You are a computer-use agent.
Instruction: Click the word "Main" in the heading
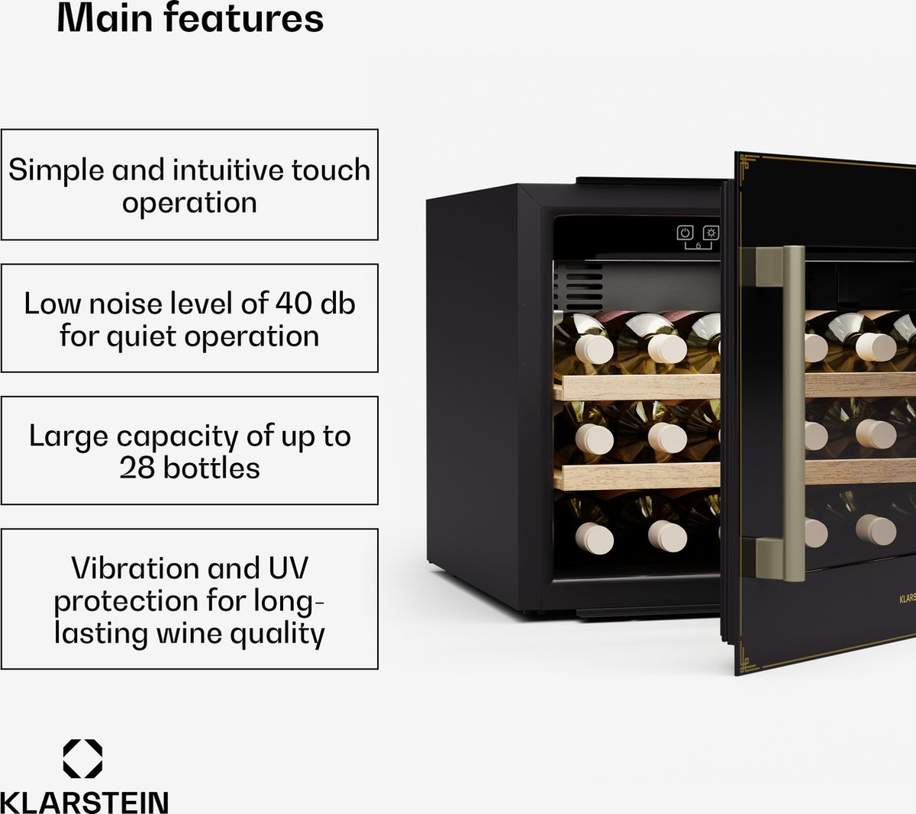point(105,18)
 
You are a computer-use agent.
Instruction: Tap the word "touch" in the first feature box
point(331,170)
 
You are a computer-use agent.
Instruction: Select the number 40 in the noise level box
point(294,304)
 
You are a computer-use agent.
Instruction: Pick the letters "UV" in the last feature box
point(289,568)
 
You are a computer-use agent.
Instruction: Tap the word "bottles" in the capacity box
point(211,468)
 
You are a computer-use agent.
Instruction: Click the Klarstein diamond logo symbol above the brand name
point(82,759)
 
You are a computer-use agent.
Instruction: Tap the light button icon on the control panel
point(711,233)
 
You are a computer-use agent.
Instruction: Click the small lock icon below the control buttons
point(698,246)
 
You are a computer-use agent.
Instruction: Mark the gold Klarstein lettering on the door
point(907,599)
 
